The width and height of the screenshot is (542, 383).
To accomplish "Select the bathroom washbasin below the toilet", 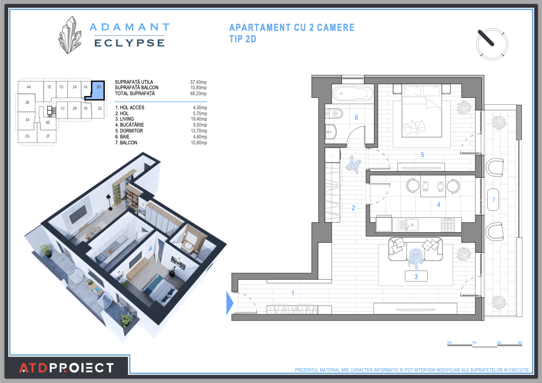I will (331, 132).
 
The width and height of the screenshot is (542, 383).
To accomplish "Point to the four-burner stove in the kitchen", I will (448, 224).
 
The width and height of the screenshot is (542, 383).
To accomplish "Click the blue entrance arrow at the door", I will (230, 303).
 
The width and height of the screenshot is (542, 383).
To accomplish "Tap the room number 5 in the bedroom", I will (422, 155).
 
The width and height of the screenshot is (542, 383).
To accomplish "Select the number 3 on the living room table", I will (416, 276).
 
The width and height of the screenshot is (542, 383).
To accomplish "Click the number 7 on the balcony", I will (493, 200).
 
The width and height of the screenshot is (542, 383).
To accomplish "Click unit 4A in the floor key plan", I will (29, 87).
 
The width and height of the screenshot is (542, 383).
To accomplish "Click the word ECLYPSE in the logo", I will (129, 43).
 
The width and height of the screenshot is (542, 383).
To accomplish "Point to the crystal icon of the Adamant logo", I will (70, 35).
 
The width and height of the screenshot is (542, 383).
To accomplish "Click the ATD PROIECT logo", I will (66, 368).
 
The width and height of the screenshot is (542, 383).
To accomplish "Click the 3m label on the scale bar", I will (520, 342).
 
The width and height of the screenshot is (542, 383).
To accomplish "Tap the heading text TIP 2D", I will (243, 39).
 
